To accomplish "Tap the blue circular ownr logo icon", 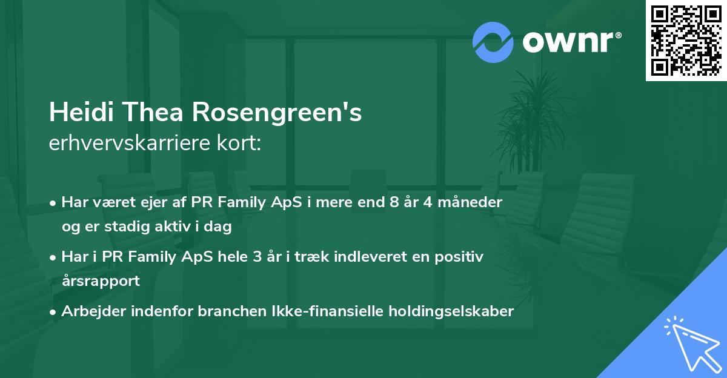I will (493, 42).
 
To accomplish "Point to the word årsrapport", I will (101, 281).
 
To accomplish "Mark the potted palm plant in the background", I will (533, 121).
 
